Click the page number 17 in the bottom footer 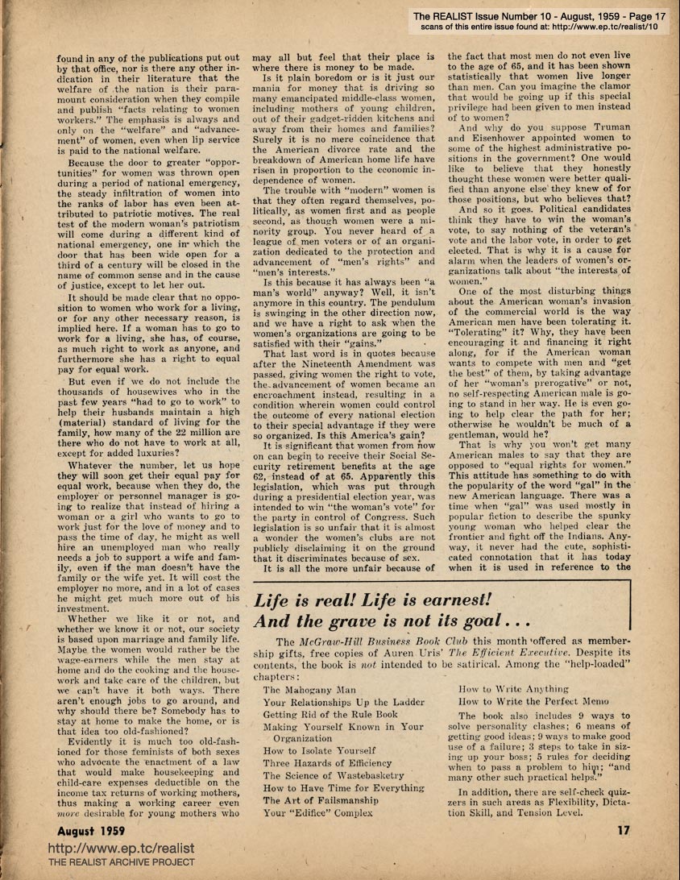pos(623,831)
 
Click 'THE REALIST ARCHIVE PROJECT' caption pos(122,863)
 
